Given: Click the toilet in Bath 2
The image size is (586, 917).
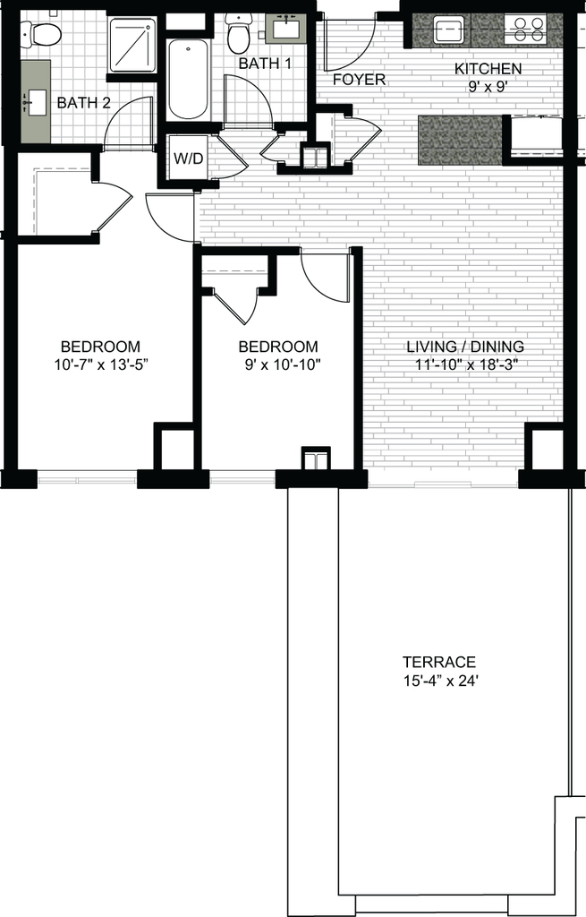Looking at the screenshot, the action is (x=42, y=33).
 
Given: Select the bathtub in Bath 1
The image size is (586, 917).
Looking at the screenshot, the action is (x=188, y=79).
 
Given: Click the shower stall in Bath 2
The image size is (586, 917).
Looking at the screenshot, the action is (x=132, y=45).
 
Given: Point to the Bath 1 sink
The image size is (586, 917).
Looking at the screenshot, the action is (x=286, y=28).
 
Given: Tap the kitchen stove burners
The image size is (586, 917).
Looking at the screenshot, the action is (x=525, y=29).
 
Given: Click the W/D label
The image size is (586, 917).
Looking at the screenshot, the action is (x=188, y=159).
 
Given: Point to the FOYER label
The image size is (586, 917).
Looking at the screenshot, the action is (x=360, y=80).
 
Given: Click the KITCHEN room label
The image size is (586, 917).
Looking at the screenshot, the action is (x=488, y=69).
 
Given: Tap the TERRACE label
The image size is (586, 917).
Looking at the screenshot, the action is (x=438, y=662).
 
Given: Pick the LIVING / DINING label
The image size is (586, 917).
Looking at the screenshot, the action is (x=465, y=347).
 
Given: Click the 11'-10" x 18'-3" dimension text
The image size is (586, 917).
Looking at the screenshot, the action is (x=467, y=365).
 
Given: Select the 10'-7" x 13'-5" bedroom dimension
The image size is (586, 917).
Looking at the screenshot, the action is (x=101, y=365).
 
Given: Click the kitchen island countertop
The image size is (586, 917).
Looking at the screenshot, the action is (x=461, y=139).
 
